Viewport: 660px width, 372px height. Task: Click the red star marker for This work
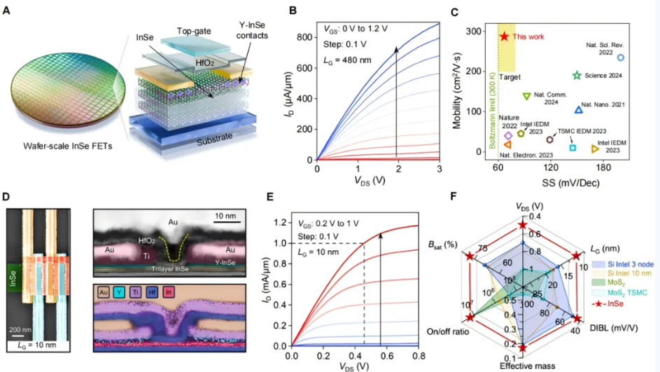(x=504, y=36)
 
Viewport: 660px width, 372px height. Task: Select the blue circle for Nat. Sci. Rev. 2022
(x=620, y=57)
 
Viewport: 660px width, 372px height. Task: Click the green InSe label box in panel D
(x=14, y=274)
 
